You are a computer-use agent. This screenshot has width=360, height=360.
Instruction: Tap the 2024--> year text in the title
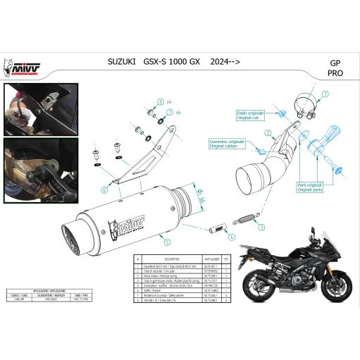tap(221, 63)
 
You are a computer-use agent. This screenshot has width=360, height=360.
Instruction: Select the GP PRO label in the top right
tap(336, 68)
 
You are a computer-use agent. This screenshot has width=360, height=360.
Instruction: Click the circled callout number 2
tap(268, 132)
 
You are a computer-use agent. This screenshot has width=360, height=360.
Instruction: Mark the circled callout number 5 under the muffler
tap(167, 242)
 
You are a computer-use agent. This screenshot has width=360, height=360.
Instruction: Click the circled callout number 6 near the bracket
tap(104, 190)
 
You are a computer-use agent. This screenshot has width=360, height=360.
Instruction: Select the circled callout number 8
tap(160, 102)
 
